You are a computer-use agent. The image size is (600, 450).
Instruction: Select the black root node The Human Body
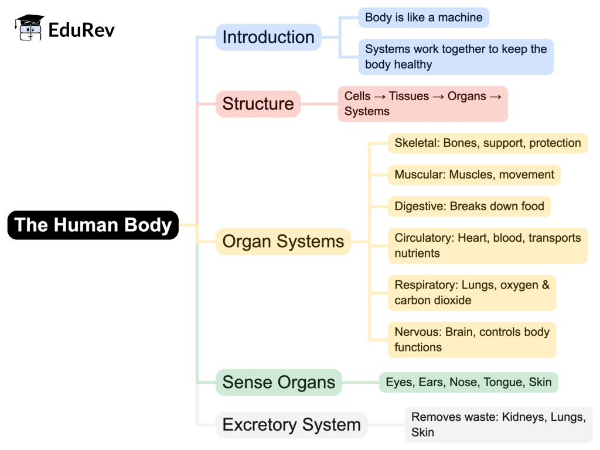(93, 225)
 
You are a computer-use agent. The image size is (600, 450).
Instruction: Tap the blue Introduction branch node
(268, 37)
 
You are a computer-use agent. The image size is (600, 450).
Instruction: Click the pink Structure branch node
(258, 104)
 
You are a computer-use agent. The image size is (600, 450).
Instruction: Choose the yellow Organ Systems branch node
(283, 242)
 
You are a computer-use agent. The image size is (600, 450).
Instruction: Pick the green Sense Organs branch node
(278, 383)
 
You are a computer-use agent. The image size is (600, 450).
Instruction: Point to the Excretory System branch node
(291, 425)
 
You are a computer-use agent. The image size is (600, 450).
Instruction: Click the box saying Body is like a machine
(424, 18)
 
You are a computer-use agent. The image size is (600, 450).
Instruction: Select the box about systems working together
(456, 57)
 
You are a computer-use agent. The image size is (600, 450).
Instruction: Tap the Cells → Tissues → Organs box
(422, 104)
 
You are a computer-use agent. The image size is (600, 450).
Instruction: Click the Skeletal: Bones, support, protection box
(487, 143)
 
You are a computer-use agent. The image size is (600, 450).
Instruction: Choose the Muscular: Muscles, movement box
(474, 174)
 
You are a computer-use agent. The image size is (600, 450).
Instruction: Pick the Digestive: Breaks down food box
(469, 206)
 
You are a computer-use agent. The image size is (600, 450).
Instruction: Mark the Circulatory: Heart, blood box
(487, 245)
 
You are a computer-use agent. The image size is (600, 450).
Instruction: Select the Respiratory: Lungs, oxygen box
(472, 293)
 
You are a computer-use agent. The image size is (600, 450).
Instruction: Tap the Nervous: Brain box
(472, 339)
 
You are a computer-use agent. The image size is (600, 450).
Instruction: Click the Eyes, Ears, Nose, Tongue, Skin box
(468, 382)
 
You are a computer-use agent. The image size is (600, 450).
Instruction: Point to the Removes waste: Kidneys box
(498, 425)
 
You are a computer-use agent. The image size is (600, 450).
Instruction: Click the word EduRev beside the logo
(81, 28)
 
